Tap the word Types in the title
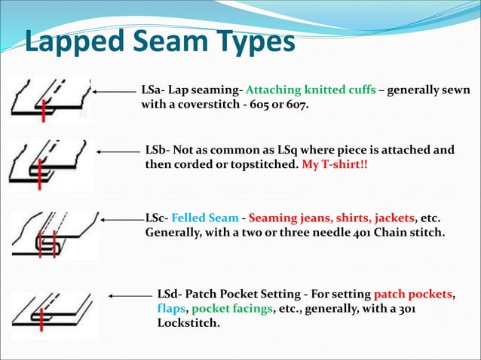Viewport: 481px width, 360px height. click(x=253, y=42)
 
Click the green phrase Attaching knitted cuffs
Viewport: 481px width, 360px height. click(x=311, y=90)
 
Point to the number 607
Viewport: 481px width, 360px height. click(x=297, y=105)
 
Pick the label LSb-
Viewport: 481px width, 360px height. click(x=159, y=149)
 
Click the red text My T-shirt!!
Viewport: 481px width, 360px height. click(x=335, y=163)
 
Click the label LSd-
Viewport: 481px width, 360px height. click(x=170, y=294)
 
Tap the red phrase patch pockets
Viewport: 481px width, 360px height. click(x=414, y=294)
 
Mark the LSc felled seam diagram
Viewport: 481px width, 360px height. click(x=53, y=234)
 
